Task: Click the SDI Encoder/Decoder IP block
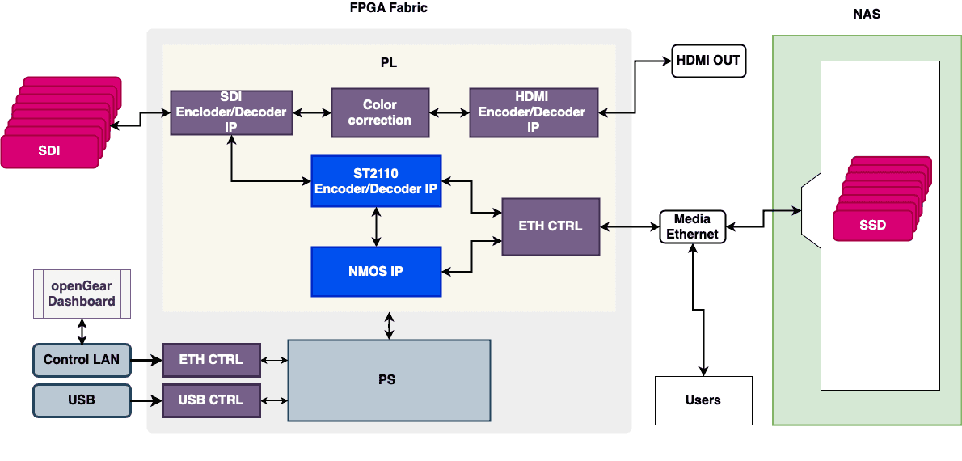[231, 112]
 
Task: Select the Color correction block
[379, 112]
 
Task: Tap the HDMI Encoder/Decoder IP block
[533, 112]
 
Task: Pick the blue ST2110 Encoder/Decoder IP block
[376, 180]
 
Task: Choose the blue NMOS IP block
[376, 271]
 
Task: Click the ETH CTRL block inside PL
[551, 226]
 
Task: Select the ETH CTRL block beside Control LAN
[211, 360]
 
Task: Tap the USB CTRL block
[211, 400]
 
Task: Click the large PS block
[389, 380]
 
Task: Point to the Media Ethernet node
[692, 226]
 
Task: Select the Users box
[703, 400]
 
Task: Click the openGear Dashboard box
[81, 293]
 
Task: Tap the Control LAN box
[82, 360]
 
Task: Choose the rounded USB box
[82, 400]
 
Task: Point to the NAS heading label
[867, 15]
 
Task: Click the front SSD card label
[873, 226]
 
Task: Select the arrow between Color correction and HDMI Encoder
[449, 112]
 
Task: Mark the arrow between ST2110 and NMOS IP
[376, 226]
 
